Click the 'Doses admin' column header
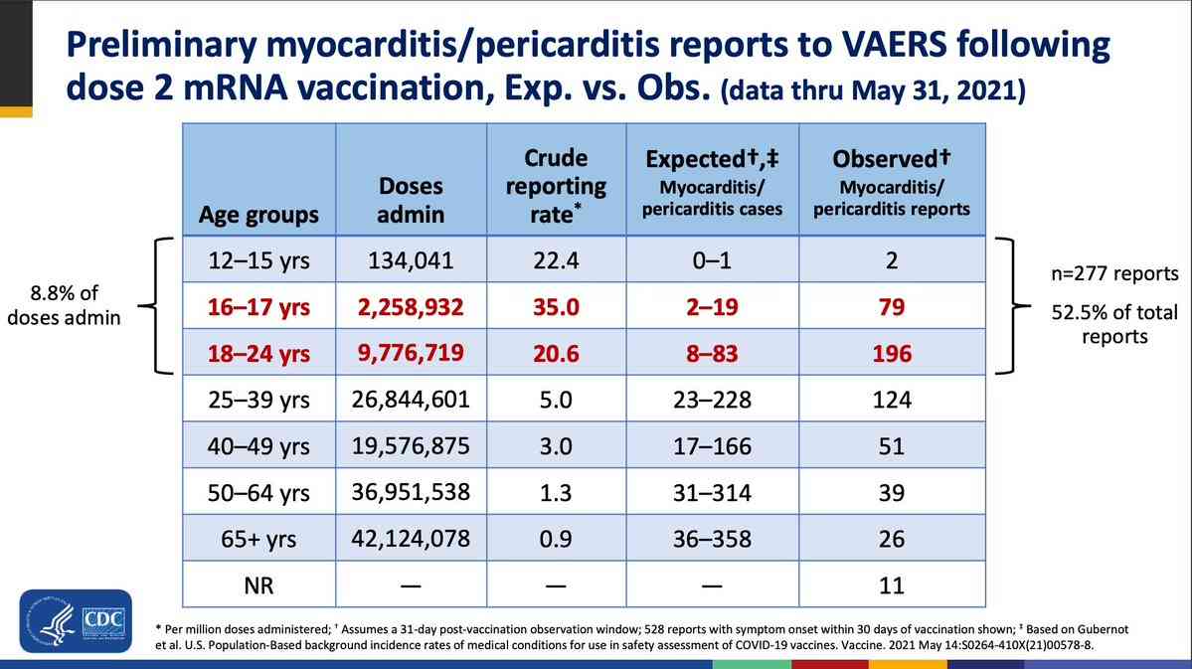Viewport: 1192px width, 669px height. (x=410, y=200)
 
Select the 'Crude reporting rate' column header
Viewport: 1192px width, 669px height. (x=556, y=185)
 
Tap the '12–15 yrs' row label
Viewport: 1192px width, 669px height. (x=258, y=261)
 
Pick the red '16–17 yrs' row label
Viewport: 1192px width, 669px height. (x=258, y=307)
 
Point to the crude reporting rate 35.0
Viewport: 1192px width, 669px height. (x=556, y=307)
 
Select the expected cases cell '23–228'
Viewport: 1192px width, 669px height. (x=712, y=401)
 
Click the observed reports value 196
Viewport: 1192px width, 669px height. (x=892, y=354)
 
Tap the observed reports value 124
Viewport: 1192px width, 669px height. (x=892, y=401)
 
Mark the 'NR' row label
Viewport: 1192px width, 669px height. (x=258, y=585)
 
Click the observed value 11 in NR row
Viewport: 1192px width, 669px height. (x=892, y=585)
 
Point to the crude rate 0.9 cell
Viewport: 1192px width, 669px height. (x=556, y=539)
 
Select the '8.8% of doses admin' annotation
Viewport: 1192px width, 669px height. (x=64, y=307)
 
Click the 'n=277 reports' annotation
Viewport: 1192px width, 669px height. (x=1113, y=273)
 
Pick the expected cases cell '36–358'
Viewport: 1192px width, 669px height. (x=712, y=539)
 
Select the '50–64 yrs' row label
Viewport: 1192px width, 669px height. (x=258, y=492)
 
